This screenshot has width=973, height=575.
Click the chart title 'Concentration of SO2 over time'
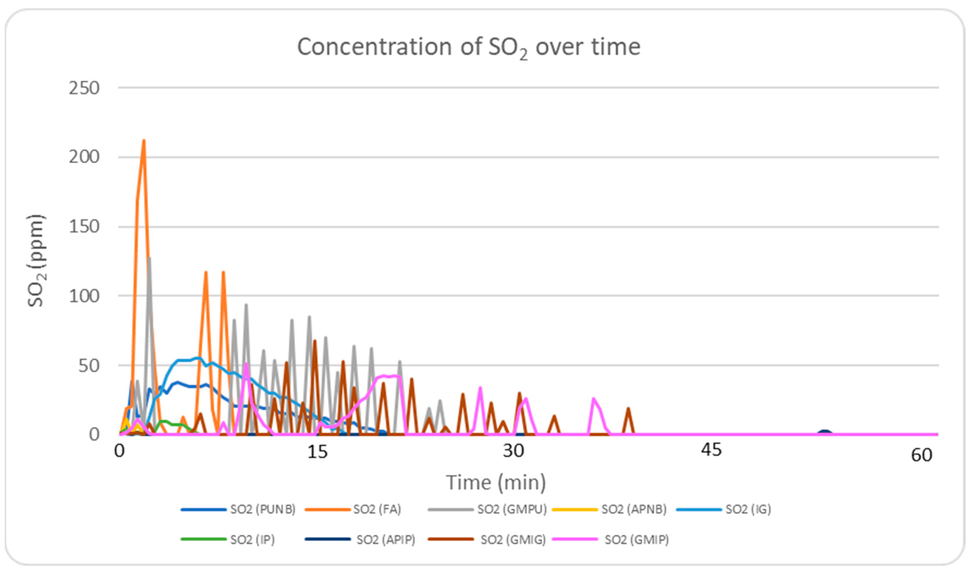(468, 47)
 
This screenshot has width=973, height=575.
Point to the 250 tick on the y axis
(84, 88)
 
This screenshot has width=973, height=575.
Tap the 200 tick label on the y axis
(84, 157)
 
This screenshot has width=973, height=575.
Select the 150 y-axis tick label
(84, 227)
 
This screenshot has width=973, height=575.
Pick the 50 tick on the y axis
(89, 366)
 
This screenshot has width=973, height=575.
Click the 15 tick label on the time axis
(317, 452)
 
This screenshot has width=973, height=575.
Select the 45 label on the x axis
(711, 450)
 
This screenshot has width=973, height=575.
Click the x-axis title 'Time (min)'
(496, 483)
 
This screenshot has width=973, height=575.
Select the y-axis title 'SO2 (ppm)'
(37, 260)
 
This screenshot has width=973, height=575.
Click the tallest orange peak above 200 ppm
(144, 141)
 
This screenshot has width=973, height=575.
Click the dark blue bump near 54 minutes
(824, 432)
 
